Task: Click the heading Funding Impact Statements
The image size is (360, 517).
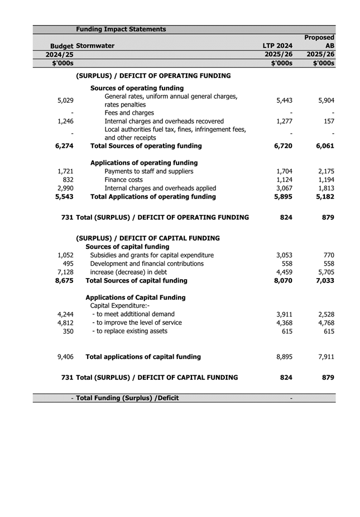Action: tap(121, 29)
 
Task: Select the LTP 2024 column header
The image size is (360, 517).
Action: tap(277, 46)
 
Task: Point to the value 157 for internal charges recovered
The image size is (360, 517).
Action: tap(328, 121)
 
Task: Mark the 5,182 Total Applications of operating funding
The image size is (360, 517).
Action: tap(324, 197)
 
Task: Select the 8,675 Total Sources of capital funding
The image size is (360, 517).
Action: tap(65, 280)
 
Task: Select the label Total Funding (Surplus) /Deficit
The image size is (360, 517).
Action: tap(127, 398)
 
